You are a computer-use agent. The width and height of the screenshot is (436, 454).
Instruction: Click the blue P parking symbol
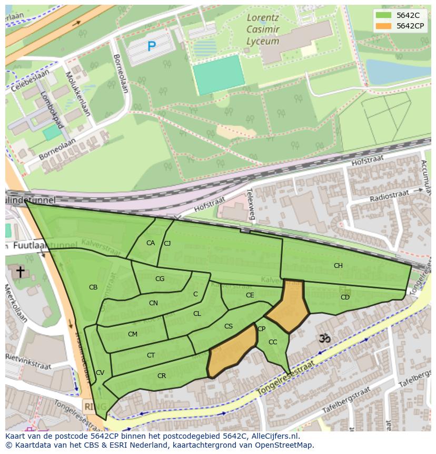click(x=152, y=46)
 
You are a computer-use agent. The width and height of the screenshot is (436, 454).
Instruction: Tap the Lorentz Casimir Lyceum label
click(x=263, y=30)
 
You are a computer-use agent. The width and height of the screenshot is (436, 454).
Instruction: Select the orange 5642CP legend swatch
click(x=384, y=26)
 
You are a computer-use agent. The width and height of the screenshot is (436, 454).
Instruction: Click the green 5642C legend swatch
click(x=384, y=15)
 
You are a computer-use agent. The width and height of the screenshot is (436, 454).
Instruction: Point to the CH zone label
click(x=338, y=266)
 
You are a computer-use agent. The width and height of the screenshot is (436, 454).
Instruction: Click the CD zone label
click(x=345, y=297)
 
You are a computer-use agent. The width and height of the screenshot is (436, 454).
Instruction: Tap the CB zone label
click(x=93, y=287)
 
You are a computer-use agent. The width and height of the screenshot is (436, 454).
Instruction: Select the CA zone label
click(x=151, y=243)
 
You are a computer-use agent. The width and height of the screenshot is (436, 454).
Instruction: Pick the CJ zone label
click(x=167, y=243)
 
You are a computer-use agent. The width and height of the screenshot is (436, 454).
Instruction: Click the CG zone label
click(x=160, y=279)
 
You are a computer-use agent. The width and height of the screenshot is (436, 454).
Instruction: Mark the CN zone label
click(x=153, y=303)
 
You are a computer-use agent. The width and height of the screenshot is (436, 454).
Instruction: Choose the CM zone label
click(x=133, y=334)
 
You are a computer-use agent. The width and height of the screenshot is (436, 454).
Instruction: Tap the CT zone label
click(x=151, y=355)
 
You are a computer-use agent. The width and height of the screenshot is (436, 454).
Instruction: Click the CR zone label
click(x=162, y=376)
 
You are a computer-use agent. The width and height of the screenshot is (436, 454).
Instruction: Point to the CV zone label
click(x=100, y=373)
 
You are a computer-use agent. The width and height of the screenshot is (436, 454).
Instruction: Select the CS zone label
click(x=229, y=326)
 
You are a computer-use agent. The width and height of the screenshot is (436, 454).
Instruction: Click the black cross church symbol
click(x=20, y=272)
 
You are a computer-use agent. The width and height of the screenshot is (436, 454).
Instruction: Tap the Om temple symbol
click(x=325, y=338)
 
